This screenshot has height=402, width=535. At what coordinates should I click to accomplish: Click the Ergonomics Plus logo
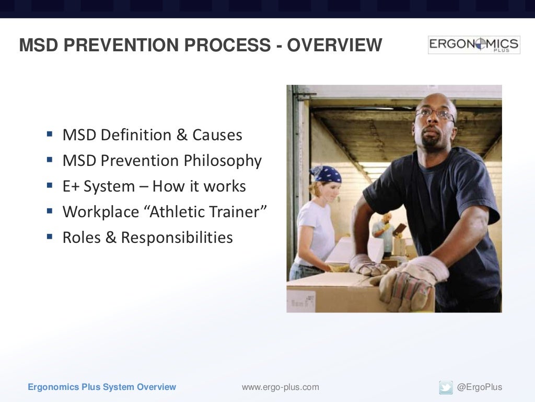pos(474,45)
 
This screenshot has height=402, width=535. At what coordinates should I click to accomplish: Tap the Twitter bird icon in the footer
pos(446,387)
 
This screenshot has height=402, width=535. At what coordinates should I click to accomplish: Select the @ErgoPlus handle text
pos(479,387)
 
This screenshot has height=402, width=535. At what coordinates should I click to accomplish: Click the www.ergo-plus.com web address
pos(280,387)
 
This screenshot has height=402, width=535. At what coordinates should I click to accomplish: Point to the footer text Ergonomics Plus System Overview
pos(102,387)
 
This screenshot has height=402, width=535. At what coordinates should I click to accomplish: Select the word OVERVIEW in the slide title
pos(334,46)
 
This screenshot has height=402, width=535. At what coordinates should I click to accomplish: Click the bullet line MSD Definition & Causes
pos(152,135)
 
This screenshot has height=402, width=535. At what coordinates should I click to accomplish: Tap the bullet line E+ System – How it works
pos(154,186)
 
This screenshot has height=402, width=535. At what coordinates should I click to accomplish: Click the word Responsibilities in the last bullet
pos(177,238)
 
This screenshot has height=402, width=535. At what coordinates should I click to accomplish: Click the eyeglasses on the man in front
pos(434,113)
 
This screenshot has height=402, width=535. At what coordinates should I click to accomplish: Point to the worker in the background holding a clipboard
pos(385,230)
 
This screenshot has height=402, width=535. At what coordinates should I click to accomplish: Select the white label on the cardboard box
pos(301,300)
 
